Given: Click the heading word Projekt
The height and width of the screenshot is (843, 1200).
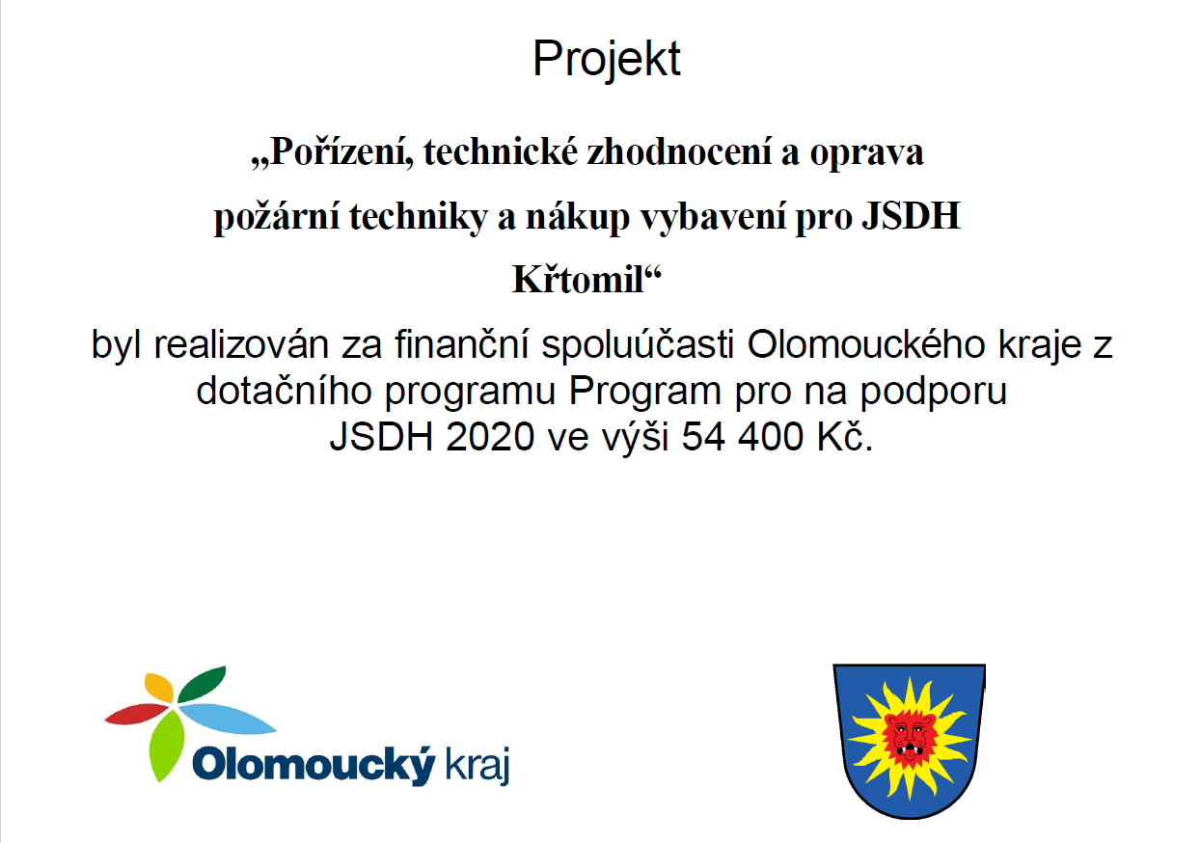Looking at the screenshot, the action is pyautogui.click(x=606, y=59).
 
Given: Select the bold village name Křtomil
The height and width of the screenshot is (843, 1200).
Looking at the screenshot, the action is pyautogui.click(x=578, y=280).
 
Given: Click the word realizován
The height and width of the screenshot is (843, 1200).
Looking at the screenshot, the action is pyautogui.click(x=241, y=344).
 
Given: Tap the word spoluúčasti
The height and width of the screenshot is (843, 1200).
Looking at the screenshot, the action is pyautogui.click(x=637, y=344).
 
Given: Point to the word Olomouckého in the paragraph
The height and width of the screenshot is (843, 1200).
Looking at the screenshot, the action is pyautogui.click(x=865, y=344).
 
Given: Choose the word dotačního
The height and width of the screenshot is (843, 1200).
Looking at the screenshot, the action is pyautogui.click(x=284, y=391).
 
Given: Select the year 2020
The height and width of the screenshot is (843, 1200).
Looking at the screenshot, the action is pyautogui.click(x=490, y=437).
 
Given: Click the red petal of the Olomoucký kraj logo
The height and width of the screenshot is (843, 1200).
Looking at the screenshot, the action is pyautogui.click(x=137, y=714).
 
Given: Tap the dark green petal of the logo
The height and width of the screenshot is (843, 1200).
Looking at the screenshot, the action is pyautogui.click(x=202, y=684).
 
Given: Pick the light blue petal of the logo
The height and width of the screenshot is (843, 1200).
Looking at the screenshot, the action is pyautogui.click(x=227, y=720).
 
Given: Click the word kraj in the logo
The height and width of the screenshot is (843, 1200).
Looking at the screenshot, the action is pyautogui.click(x=477, y=767).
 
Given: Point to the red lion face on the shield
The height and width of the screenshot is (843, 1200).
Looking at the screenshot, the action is pyautogui.click(x=910, y=738).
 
